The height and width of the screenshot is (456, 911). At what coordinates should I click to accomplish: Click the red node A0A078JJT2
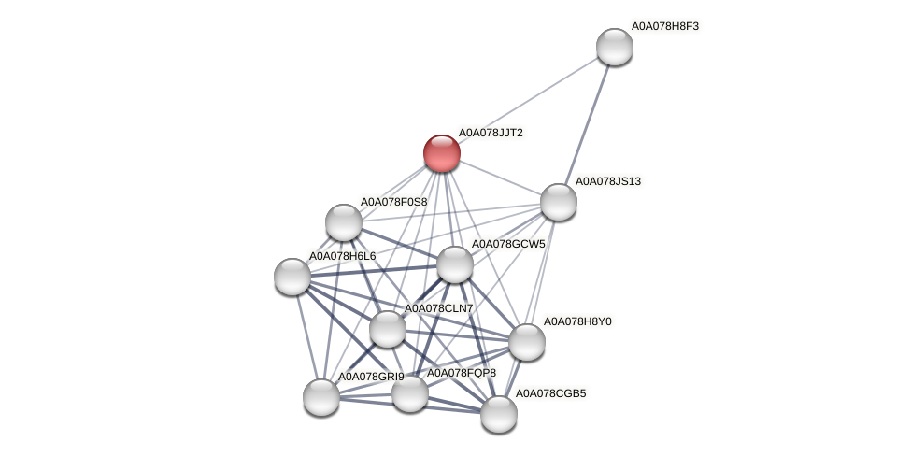point(442,153)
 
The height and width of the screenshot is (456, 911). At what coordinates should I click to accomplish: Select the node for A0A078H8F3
point(615,47)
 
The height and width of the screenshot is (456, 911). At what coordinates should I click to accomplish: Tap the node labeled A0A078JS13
point(559,202)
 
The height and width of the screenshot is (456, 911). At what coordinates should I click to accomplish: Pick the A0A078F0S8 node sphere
point(344,222)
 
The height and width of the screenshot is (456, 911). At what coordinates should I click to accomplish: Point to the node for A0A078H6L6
point(292,276)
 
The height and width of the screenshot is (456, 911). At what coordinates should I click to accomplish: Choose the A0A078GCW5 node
point(455,264)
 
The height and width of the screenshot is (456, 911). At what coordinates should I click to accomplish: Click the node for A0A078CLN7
point(388,329)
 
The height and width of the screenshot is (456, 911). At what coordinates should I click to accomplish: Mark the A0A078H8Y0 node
point(527,342)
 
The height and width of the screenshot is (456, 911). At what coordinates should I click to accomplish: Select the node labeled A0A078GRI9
point(321,397)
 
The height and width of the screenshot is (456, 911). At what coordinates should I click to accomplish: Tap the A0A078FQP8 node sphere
point(410,393)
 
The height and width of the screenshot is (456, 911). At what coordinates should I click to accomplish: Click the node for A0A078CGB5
point(499,414)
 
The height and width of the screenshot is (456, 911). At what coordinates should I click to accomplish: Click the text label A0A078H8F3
point(664,26)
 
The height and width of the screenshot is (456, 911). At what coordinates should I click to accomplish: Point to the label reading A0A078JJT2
point(491,133)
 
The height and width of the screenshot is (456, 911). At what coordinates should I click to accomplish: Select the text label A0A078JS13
point(607,181)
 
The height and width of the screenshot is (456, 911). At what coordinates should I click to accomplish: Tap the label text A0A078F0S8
point(393,202)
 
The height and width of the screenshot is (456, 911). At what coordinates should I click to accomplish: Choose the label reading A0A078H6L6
point(342,256)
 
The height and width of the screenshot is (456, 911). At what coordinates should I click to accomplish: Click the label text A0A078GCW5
point(507,244)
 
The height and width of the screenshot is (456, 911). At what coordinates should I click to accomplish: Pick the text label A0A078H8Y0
point(577,321)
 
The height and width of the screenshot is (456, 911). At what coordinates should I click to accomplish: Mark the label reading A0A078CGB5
point(550,393)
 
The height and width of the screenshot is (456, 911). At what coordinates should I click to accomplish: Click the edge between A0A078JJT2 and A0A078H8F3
point(528,100)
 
